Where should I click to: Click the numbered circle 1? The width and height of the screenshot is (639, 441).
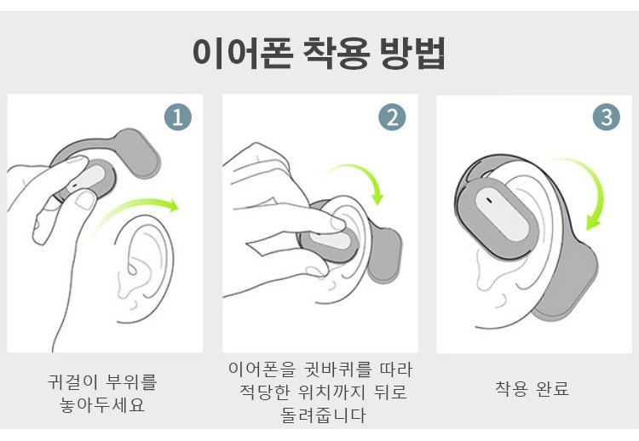point(178,117)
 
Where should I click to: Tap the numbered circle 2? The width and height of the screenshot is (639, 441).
point(392,117)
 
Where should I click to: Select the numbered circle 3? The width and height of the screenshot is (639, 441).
point(607,117)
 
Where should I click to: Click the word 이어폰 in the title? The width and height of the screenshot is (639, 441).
point(243,53)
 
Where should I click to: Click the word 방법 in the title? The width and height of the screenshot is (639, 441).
point(413,53)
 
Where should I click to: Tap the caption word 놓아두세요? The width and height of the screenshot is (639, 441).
point(102,404)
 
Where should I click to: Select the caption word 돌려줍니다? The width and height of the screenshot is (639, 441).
point(323,415)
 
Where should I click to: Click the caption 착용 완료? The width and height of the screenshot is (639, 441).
point(532,388)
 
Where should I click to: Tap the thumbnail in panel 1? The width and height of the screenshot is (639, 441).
point(84,200)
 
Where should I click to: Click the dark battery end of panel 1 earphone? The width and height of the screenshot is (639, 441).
point(138,153)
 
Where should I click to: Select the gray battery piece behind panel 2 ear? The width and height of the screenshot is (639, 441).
point(384,255)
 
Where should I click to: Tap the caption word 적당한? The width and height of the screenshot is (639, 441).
point(264,392)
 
